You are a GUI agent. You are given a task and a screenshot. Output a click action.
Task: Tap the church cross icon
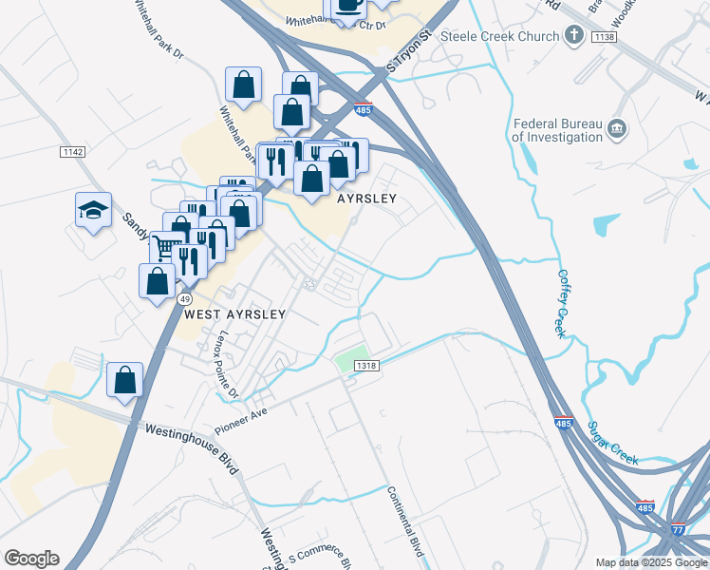pos(573,36)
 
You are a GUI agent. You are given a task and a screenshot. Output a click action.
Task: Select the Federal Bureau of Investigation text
pos(557,130)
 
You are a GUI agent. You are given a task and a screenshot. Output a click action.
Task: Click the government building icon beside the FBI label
pos(617,128)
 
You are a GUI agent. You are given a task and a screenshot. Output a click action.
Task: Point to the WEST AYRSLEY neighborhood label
pos(234,313)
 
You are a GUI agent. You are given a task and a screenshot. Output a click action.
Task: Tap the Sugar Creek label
pos(616,444)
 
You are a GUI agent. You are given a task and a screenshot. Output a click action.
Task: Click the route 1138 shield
pos(604,36)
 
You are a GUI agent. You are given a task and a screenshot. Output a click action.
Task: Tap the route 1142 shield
pos(72,152)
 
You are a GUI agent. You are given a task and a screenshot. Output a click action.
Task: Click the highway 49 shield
pos(180,298)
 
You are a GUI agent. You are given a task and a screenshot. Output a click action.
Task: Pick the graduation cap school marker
pos(94,210)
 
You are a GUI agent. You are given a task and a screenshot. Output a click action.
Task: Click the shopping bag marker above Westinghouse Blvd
pos(124,380)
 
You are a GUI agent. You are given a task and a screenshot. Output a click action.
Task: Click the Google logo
pos(31,559)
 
